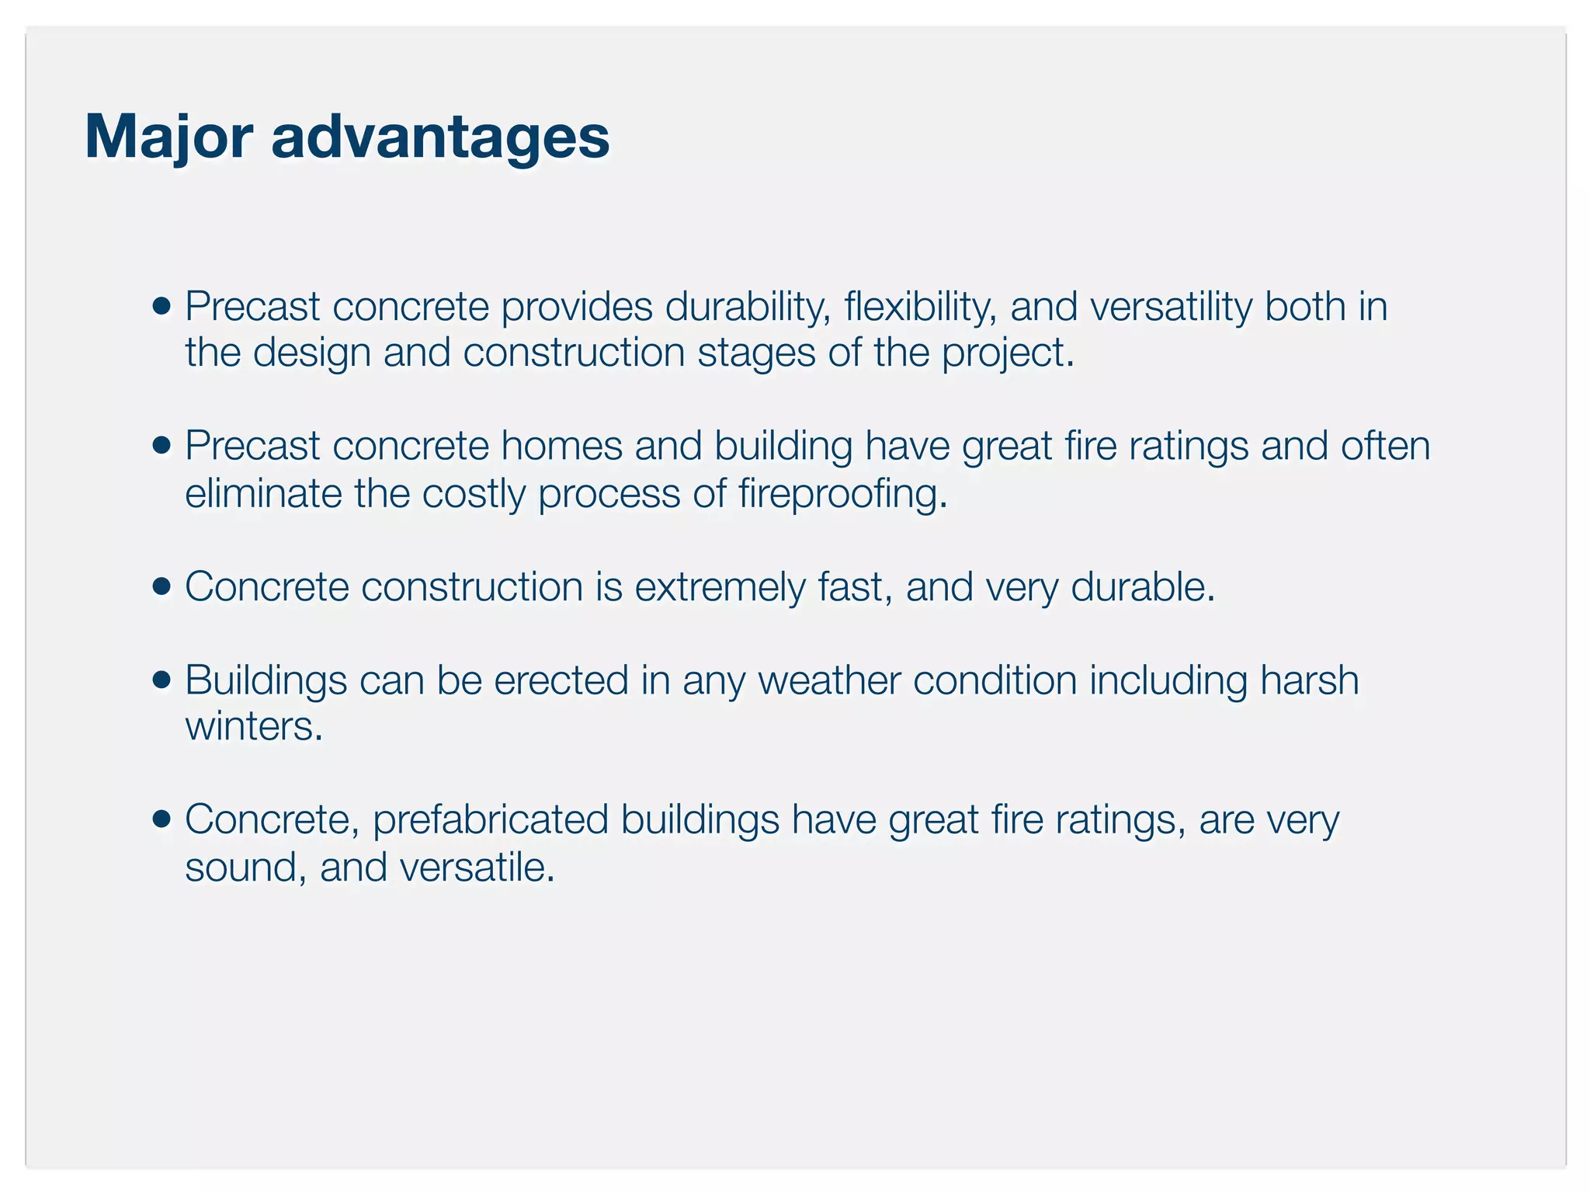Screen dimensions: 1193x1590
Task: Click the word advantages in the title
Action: [x=440, y=137]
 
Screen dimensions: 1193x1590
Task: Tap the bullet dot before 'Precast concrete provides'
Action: [x=161, y=306]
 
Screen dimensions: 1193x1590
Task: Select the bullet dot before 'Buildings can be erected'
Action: [x=161, y=680]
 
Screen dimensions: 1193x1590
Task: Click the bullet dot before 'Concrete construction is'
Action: [x=161, y=586]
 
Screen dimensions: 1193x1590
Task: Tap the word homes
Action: [x=561, y=446]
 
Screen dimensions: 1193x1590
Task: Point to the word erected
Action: [x=561, y=680]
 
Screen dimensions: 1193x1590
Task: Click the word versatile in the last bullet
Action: [x=477, y=868]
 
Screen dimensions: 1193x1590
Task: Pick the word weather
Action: [x=828, y=680]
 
